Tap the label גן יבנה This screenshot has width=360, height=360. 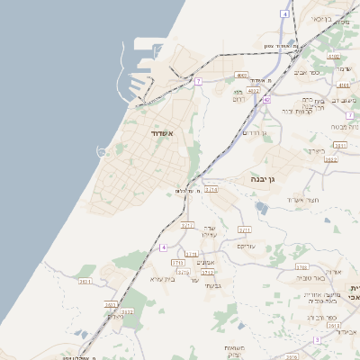point(268,180)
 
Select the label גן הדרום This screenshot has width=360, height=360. point(257,132)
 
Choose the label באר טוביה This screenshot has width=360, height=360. point(312,280)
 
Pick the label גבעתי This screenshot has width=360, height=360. point(212,286)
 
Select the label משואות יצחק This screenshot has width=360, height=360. point(234,351)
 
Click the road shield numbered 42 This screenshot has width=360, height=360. point(266,100)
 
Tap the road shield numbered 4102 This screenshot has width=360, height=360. point(333,56)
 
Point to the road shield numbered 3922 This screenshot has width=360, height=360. point(330,159)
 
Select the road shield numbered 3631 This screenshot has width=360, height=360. point(85,282)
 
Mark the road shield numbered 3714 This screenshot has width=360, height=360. point(211,189)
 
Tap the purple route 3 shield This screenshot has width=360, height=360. point(317,339)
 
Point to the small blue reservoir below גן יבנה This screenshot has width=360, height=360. point(260,206)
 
